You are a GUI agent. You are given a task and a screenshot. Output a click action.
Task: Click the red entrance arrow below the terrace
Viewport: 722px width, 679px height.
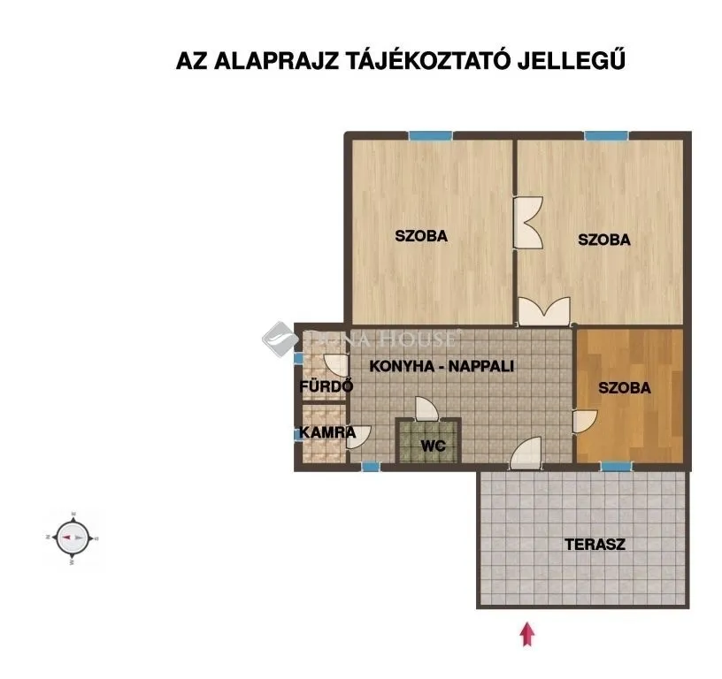[528, 633]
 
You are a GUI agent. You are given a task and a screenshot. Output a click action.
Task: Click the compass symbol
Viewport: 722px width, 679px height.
[71, 537]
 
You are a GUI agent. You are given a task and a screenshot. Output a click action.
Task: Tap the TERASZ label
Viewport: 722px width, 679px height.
[595, 545]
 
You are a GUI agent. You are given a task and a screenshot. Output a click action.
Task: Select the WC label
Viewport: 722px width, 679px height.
[433, 446]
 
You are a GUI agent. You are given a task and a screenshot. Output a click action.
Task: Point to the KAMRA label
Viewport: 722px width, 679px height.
[327, 432]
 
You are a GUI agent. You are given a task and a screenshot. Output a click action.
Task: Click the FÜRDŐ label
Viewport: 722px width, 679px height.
[326, 386]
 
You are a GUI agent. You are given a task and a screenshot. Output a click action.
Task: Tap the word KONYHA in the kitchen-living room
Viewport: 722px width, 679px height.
[400, 365]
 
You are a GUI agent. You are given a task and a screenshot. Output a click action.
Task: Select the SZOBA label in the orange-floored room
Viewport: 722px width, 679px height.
[624, 387]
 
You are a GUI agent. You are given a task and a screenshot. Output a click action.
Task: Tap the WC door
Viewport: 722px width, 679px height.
[426, 409]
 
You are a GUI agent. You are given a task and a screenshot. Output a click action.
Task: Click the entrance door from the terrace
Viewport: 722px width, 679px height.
[526, 454]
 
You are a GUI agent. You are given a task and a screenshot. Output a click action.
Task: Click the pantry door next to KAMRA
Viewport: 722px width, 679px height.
[360, 435]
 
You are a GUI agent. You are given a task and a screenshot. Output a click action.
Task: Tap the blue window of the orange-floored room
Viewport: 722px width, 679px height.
[617, 466]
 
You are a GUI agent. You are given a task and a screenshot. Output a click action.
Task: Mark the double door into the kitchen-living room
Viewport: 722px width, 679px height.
[543, 312]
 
